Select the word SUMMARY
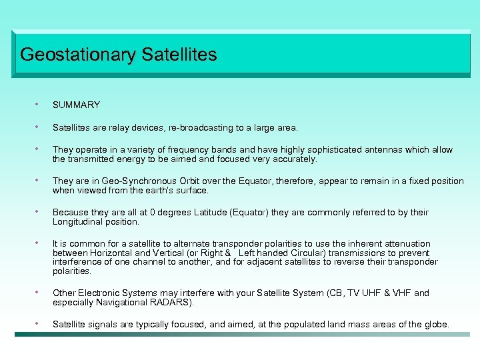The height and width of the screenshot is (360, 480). tap(76, 105)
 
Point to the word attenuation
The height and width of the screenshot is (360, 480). tap(407, 244)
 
